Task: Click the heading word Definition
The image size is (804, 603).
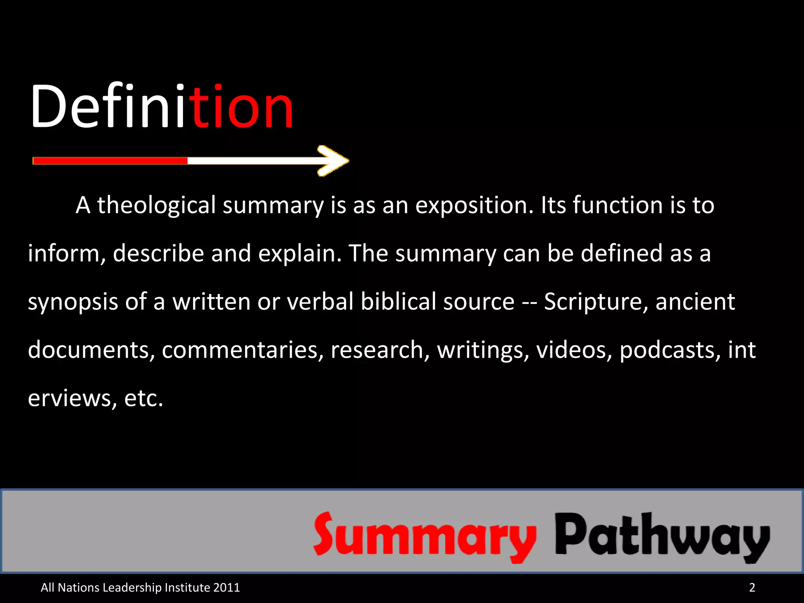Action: click(x=162, y=107)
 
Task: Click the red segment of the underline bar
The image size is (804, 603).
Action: click(x=110, y=161)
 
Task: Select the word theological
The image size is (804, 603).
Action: click(x=156, y=205)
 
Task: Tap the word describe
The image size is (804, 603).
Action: click(x=159, y=253)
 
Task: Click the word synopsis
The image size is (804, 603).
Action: click(x=73, y=302)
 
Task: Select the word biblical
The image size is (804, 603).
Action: click(x=398, y=301)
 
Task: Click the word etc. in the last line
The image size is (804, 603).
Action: click(x=143, y=398)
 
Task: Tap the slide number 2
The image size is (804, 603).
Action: click(x=752, y=587)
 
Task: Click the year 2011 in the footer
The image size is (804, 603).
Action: click(x=227, y=587)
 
